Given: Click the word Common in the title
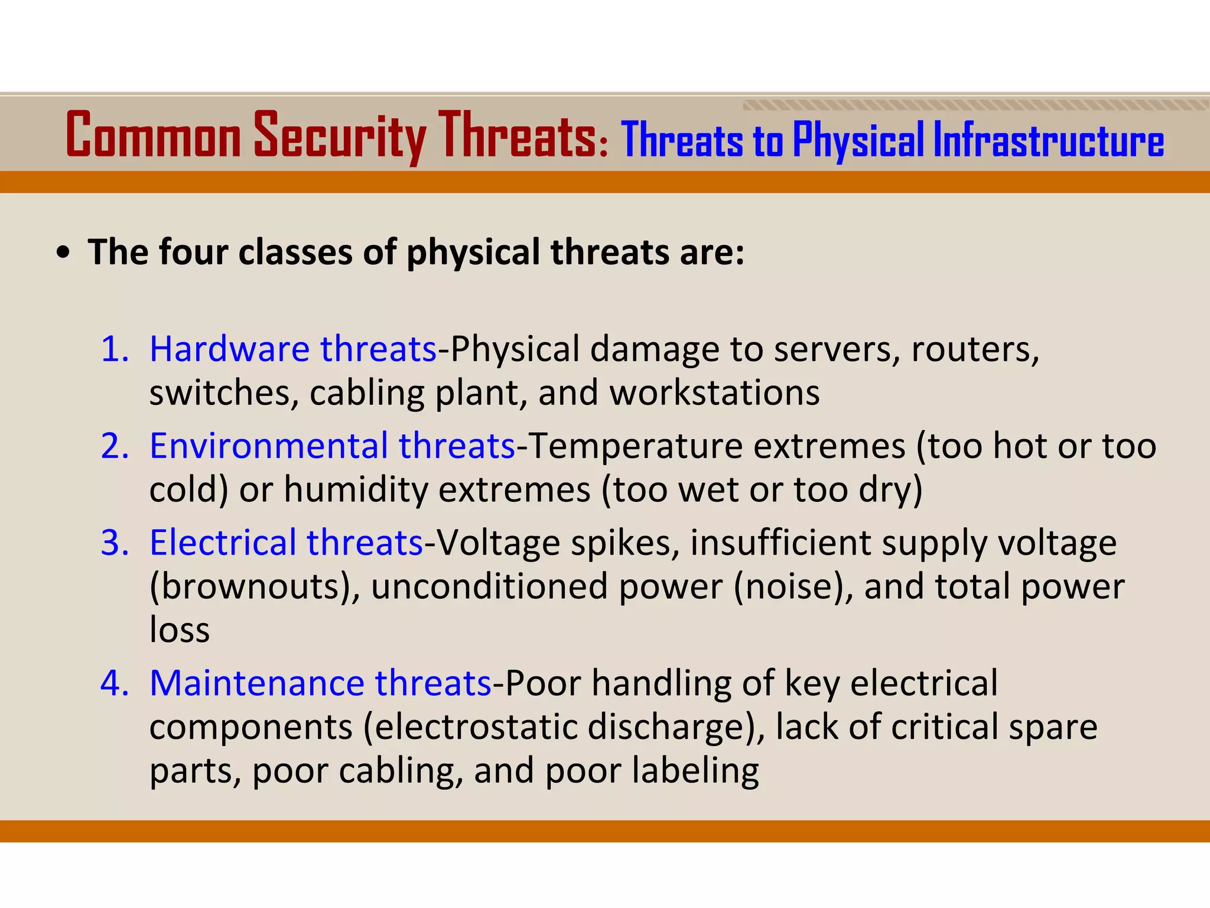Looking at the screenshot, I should (154, 136).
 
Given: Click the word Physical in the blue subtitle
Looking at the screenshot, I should (858, 141).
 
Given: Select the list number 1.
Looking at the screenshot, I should (115, 349).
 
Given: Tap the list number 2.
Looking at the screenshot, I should (115, 446).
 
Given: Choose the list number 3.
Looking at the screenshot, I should (115, 543).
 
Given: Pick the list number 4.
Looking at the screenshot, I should (115, 683).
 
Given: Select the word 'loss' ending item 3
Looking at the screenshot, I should (180, 630).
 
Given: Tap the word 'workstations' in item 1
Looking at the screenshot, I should (714, 393).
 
